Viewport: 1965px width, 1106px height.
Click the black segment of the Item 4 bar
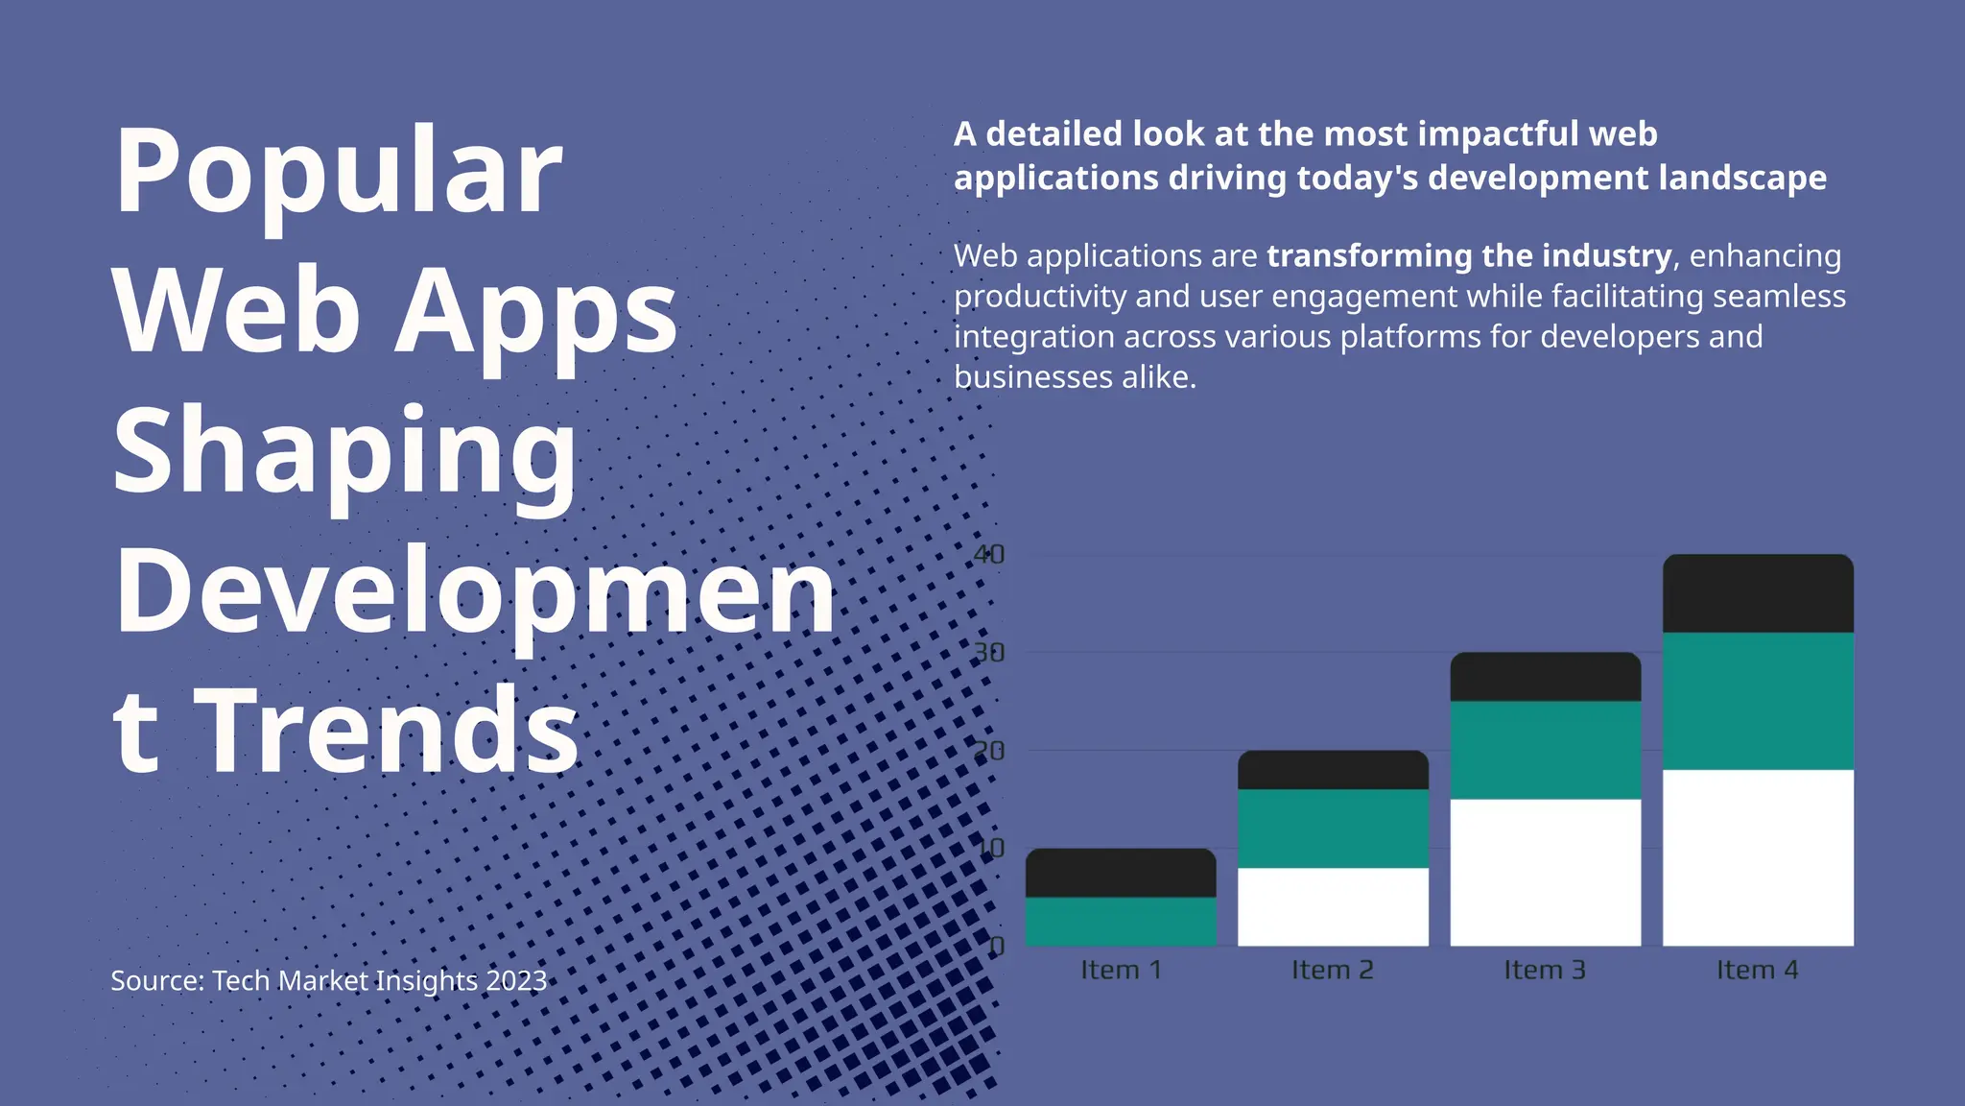point(1758,593)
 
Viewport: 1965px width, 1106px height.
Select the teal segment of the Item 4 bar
point(1758,701)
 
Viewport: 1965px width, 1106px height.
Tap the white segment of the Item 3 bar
point(1545,872)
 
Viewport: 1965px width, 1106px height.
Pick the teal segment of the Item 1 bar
point(1121,921)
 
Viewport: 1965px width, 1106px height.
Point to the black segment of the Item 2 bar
point(1333,770)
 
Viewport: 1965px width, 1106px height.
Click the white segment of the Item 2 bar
point(1333,906)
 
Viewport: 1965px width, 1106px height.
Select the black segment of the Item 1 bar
point(1121,873)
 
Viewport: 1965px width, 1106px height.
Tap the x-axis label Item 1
point(1121,970)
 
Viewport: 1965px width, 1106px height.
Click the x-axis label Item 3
point(1545,970)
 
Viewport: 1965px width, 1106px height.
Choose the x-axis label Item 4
point(1758,970)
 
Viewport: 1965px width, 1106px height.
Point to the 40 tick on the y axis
point(988,555)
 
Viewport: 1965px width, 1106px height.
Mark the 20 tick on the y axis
point(988,751)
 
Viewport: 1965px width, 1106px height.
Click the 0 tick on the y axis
point(996,947)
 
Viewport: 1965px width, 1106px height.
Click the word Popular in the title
point(338,173)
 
